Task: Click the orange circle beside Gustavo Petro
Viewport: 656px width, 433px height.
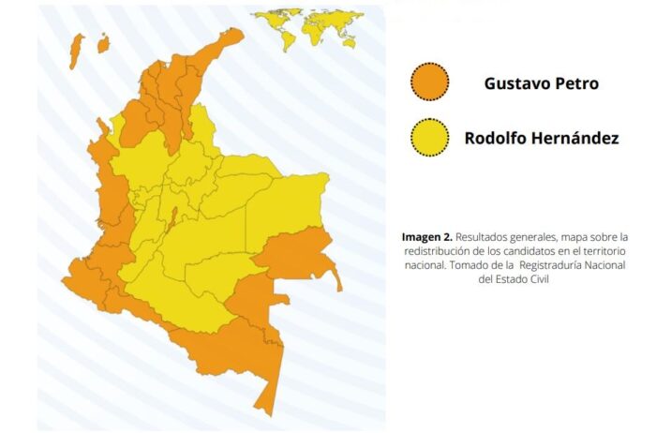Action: pos(430,82)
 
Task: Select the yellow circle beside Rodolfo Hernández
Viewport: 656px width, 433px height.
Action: pos(430,139)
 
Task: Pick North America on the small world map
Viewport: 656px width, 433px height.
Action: pos(270,17)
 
